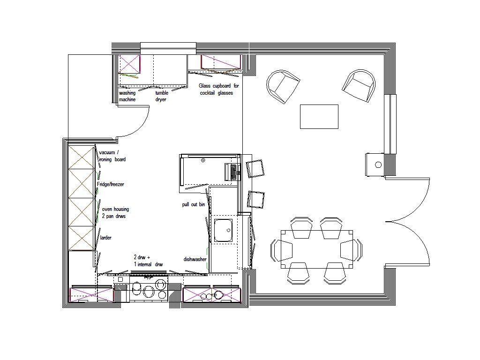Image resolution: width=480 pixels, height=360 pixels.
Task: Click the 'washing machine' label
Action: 127,96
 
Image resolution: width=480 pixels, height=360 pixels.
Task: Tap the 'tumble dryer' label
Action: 161,96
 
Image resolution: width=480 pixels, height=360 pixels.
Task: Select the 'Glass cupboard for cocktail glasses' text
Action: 218,90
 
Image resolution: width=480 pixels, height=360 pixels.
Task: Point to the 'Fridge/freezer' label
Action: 111,185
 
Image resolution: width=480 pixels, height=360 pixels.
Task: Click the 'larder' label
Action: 106,238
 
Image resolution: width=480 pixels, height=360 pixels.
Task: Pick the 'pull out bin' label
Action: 194,205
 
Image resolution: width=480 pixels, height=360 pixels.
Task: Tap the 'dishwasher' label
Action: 195,259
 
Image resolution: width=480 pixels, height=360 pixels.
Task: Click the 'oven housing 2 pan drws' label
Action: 115,213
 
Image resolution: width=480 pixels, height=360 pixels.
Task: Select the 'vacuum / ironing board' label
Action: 112,156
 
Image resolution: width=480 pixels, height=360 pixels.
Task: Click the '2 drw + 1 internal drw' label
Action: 148,261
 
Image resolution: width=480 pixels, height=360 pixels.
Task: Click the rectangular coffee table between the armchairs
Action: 319,117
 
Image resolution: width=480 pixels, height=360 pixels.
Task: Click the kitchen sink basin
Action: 224,231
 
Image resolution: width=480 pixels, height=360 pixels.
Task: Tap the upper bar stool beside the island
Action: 256,168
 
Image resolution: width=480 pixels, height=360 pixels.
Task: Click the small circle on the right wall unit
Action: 378,165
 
